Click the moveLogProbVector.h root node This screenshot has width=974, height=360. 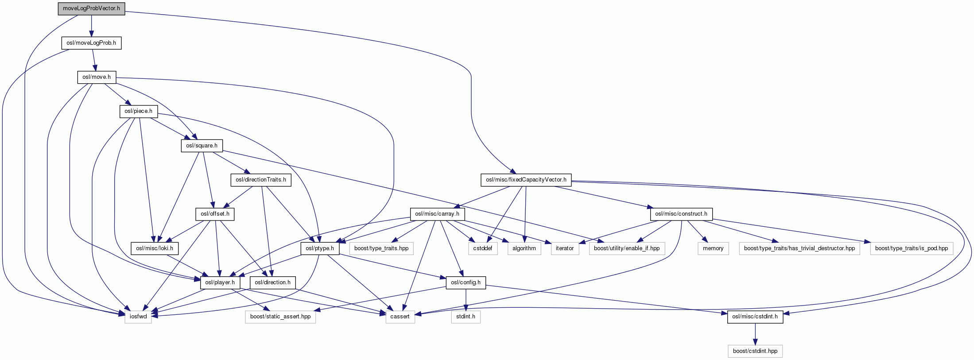pyautogui.click(x=91, y=8)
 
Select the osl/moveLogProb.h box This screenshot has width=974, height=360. pyautogui.click(x=91, y=43)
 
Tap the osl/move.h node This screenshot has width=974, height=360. pyautogui.click(x=97, y=77)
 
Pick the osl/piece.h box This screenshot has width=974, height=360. pyautogui.click(x=138, y=111)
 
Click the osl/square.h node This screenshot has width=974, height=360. pyautogui.click(x=202, y=146)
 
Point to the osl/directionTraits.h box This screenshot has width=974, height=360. pyautogui.click(x=261, y=180)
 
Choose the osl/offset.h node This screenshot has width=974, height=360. pyautogui.click(x=215, y=214)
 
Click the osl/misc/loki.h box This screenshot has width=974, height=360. pyautogui.click(x=155, y=248)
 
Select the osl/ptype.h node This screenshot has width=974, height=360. pyautogui.click(x=320, y=248)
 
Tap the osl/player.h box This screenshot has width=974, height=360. pyautogui.click(x=220, y=283)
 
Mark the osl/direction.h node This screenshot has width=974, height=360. pyautogui.click(x=273, y=283)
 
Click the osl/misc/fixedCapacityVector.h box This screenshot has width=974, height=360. pyautogui.click(x=526, y=180)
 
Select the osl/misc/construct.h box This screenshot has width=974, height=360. pyautogui.click(x=681, y=214)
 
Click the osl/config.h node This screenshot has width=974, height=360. pyautogui.click(x=466, y=283)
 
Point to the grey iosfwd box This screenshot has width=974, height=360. pyautogui.click(x=138, y=317)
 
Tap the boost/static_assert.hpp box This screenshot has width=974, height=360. pyautogui.click(x=280, y=317)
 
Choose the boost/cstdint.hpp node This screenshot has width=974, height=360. pyautogui.click(x=755, y=351)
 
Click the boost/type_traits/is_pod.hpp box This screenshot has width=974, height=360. pyautogui.click(x=912, y=248)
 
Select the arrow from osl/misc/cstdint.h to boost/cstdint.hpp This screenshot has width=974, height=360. pyautogui.click(x=755, y=334)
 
